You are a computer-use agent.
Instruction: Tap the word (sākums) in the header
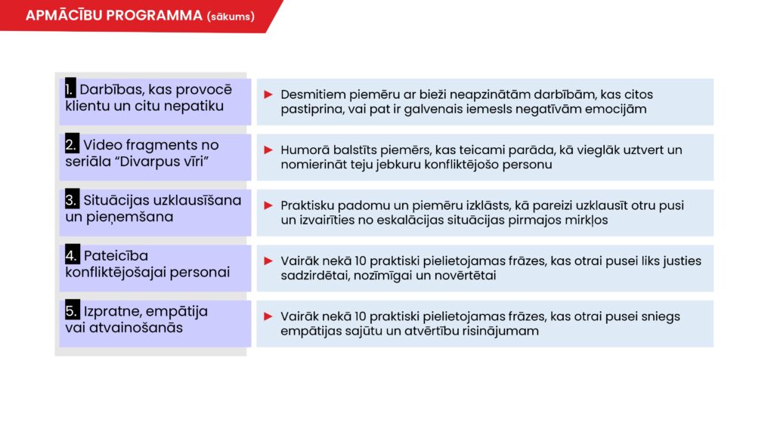pos(231,17)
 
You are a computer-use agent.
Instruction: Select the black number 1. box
pos(70,88)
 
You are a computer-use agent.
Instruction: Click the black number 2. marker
pos(72,144)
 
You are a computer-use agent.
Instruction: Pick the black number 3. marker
pos(72,199)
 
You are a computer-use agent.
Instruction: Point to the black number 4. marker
pos(72,255)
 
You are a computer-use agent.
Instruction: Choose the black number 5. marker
pos(72,310)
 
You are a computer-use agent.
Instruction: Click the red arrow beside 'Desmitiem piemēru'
pos(268,94)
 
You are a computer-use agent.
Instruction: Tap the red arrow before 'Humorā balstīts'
pos(268,150)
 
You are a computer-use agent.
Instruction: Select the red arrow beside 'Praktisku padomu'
pos(268,205)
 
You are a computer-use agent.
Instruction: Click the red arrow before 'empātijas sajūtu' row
pos(268,316)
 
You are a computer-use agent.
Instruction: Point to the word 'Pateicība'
pos(116,255)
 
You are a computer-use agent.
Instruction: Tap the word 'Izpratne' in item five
pos(113,312)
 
